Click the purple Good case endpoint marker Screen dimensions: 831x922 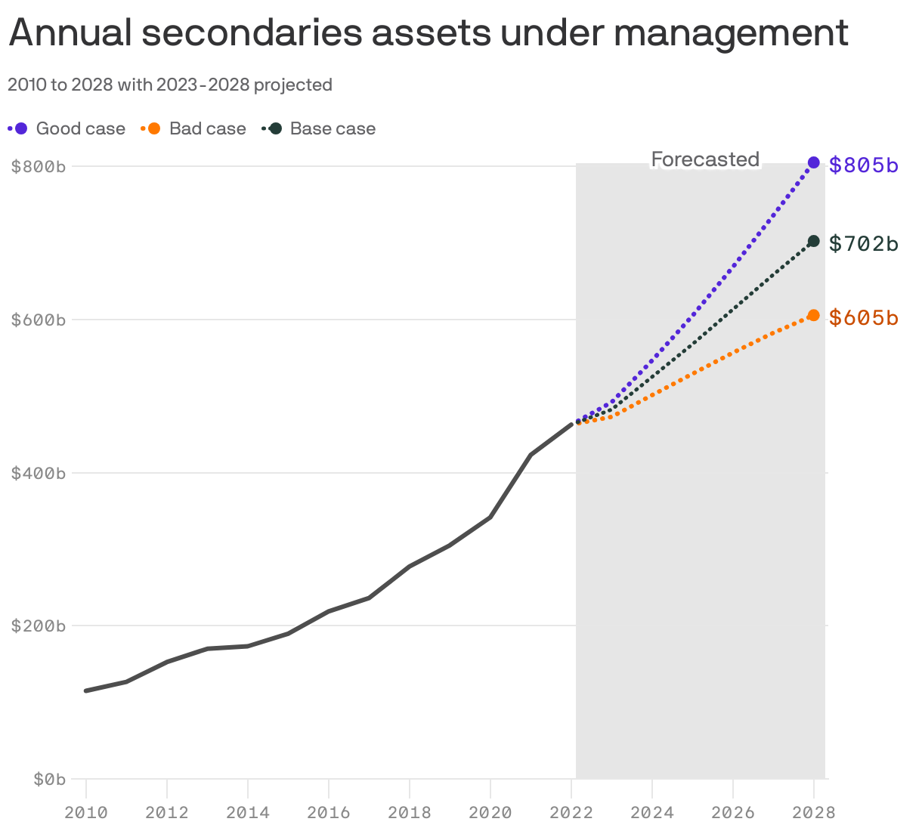pyautogui.click(x=813, y=162)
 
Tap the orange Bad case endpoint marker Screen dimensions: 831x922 pyautogui.click(x=813, y=315)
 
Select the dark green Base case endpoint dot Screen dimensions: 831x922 pyautogui.click(x=813, y=241)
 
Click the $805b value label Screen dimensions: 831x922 pyautogui.click(x=863, y=165)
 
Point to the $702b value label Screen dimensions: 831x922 pyautogui.click(x=863, y=243)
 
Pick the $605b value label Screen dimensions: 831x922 pyautogui.click(x=863, y=318)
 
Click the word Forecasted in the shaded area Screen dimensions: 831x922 pyautogui.click(x=705, y=159)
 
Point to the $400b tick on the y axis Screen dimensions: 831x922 pyautogui.click(x=39, y=473)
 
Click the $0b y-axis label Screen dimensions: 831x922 pyautogui.click(x=49, y=779)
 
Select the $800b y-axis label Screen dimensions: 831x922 pyautogui.click(x=39, y=166)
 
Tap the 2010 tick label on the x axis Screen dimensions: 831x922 pyautogui.click(x=86, y=813)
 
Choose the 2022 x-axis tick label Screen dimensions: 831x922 pyautogui.click(x=571, y=813)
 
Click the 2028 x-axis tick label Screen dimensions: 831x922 pyautogui.click(x=813, y=813)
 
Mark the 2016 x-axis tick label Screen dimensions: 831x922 pyautogui.click(x=329, y=813)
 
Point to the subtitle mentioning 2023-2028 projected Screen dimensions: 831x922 pyautogui.click(x=170, y=85)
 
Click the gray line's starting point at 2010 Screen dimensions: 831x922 pyautogui.click(x=86, y=690)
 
